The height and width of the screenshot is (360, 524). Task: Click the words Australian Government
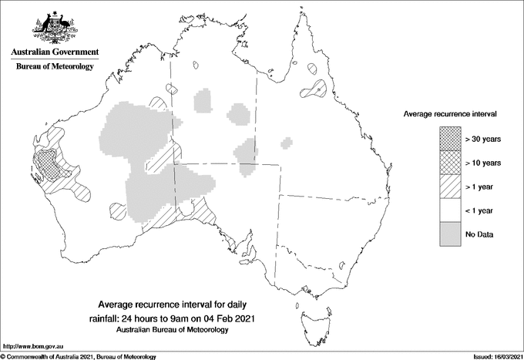(x=54, y=52)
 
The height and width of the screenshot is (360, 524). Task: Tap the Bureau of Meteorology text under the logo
(x=55, y=67)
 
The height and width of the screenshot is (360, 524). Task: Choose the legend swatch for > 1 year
(x=450, y=186)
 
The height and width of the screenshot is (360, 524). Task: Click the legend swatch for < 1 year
(x=450, y=210)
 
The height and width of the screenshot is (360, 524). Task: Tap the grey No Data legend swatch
(x=450, y=234)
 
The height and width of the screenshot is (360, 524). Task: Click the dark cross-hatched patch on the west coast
(x=48, y=164)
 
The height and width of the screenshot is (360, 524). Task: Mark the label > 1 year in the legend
(x=481, y=187)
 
